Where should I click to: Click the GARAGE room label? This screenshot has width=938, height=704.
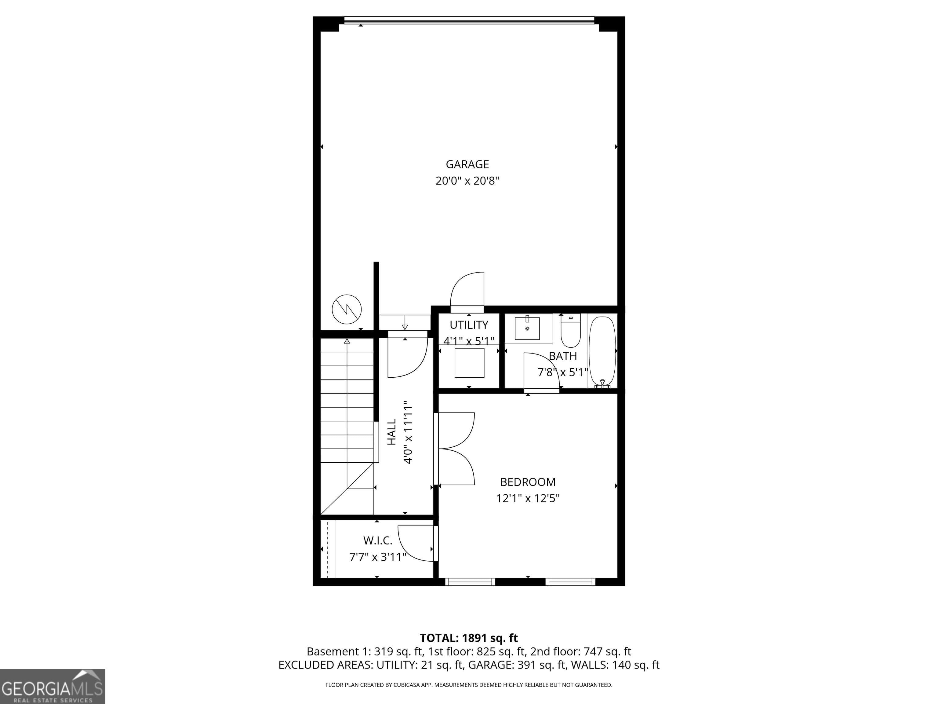(x=467, y=164)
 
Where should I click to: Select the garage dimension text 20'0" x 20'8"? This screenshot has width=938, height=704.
(x=467, y=181)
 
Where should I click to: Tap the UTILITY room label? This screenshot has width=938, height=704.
(x=469, y=325)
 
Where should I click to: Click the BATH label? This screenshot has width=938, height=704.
(x=563, y=356)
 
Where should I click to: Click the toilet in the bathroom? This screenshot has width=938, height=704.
(x=570, y=333)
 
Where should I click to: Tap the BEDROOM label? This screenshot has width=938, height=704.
(x=528, y=482)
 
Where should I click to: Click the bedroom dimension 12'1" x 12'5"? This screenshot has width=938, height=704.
(x=528, y=498)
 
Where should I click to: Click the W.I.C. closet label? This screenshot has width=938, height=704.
(x=377, y=541)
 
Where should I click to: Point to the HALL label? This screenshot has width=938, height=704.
(x=391, y=432)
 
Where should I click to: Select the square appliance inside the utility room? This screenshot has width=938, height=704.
(x=469, y=362)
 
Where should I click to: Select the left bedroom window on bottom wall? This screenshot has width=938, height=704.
(x=470, y=582)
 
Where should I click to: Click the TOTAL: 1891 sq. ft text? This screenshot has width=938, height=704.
(x=469, y=638)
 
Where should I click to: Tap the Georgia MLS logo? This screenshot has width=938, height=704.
(x=52, y=686)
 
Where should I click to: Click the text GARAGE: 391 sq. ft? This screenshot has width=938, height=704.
(x=517, y=665)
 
